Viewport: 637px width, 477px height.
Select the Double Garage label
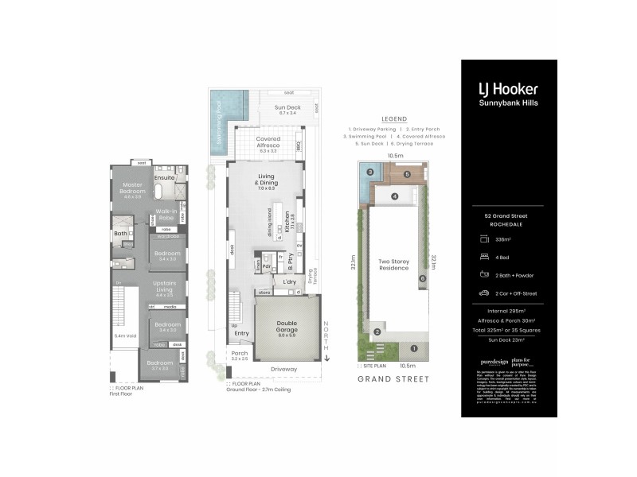click(x=287, y=328)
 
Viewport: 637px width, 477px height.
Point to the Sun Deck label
click(x=287, y=110)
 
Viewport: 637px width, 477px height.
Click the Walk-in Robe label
click(x=166, y=214)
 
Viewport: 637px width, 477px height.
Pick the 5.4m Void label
click(x=123, y=336)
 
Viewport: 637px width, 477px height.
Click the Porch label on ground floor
click(x=240, y=355)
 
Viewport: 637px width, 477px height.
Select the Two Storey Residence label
click(x=393, y=265)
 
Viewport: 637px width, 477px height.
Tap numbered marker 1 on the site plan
click(x=413, y=348)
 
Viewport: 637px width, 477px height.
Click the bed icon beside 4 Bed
click(x=483, y=255)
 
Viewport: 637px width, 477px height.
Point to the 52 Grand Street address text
click(x=509, y=215)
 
